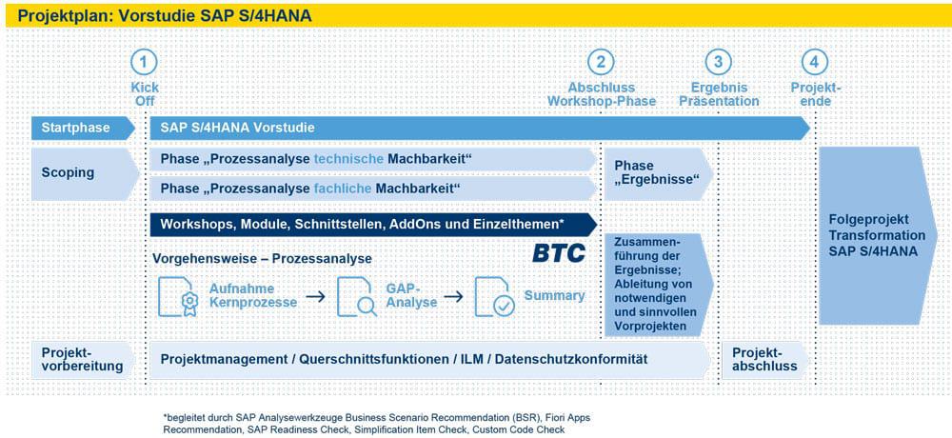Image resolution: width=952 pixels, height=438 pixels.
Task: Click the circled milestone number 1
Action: click(144, 62)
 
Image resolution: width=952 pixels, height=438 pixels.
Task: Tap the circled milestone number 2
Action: click(601, 62)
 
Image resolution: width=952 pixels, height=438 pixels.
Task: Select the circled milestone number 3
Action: click(718, 62)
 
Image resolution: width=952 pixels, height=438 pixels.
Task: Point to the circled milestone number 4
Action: click(815, 62)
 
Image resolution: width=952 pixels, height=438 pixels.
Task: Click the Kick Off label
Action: click(145, 94)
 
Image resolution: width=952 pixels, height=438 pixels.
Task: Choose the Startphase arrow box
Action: click(83, 129)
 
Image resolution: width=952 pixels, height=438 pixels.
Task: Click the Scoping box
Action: click(85, 173)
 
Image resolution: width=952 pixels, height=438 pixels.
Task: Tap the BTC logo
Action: click(559, 253)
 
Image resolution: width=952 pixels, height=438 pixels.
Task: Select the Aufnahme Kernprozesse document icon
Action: click(175, 296)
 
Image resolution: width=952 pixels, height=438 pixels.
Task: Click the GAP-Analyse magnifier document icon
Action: click(357, 296)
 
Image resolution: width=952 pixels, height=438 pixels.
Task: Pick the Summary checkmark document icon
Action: click(494, 296)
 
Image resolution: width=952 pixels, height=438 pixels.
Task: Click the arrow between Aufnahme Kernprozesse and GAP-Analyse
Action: click(315, 296)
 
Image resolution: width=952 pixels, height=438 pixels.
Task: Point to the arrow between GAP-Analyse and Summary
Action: click(453, 296)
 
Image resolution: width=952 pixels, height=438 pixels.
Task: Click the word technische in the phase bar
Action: click(348, 159)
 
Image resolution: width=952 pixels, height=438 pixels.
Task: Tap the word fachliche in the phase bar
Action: click(343, 189)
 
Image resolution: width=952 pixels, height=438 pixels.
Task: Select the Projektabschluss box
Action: click(765, 360)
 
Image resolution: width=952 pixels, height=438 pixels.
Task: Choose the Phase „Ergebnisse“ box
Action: click(658, 173)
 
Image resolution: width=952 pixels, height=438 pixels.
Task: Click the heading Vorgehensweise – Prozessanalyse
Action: click(263, 259)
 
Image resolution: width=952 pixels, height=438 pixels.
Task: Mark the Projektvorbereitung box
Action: click(83, 360)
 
